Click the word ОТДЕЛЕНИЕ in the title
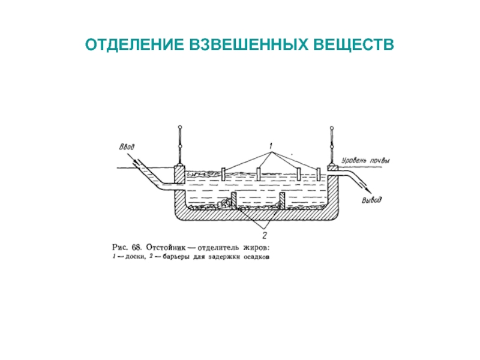click(x=134, y=44)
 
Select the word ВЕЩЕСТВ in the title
click(x=353, y=44)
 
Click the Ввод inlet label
click(x=127, y=147)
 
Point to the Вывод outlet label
click(x=371, y=200)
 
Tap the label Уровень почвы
click(x=365, y=160)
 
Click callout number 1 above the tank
click(x=271, y=146)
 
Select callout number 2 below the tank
click(x=265, y=235)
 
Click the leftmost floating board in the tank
click(x=223, y=174)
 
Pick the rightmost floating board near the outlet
click(x=319, y=174)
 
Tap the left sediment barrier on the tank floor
click(x=233, y=201)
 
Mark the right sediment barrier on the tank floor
click(x=282, y=201)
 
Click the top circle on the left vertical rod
click(x=180, y=127)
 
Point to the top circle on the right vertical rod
click(x=332, y=128)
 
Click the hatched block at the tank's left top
click(x=179, y=175)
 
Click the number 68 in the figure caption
click(x=136, y=247)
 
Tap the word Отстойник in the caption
click(x=166, y=247)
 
